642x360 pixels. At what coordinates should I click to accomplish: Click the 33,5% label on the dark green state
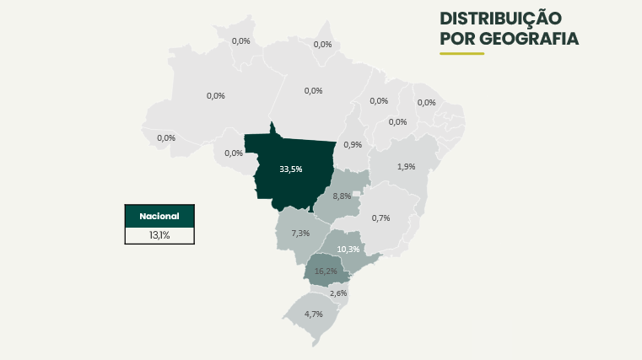pos(290,169)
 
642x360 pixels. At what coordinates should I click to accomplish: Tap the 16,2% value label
pos(326,271)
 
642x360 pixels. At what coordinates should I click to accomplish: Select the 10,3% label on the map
pos(348,250)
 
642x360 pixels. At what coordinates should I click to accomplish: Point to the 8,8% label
pos(342,196)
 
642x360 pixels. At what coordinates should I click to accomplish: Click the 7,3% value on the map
pos(300,233)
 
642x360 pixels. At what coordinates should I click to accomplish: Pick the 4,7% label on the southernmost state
pos(313,314)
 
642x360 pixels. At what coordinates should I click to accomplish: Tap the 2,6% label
pos(338,293)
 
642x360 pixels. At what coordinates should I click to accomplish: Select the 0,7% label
pos(380,218)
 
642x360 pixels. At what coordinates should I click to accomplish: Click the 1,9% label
pos(406,167)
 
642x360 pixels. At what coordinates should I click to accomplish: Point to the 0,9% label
pos(353,145)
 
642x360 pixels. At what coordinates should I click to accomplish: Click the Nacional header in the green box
pos(159,216)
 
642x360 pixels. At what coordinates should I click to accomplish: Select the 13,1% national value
pos(159,235)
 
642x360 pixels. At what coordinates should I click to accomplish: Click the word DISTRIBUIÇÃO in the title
pos(500,19)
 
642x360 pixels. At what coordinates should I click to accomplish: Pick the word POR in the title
pos(457,39)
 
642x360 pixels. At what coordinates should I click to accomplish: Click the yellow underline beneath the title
pos(461,54)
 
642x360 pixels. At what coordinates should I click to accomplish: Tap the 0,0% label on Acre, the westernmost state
pos(166,137)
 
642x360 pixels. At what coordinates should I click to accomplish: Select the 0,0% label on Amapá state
pos(322,45)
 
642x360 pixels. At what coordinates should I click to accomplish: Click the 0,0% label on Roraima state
pos(241,40)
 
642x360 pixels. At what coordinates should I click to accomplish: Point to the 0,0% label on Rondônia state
pos(234,153)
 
